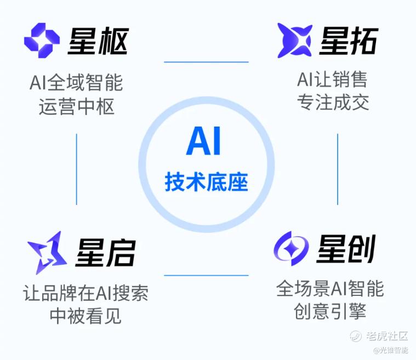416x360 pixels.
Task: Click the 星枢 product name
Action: click(x=98, y=41)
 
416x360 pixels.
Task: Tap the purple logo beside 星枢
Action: click(x=42, y=41)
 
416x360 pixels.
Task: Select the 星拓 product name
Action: click(x=349, y=41)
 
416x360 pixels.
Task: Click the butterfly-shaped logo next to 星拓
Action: click(x=294, y=41)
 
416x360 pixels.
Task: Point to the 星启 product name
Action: click(x=106, y=252)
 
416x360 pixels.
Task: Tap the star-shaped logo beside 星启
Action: click(x=47, y=253)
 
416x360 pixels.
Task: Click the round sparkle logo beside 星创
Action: click(x=291, y=249)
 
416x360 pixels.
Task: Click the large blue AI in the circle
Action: click(x=203, y=141)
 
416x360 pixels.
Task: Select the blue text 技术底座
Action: click(x=207, y=182)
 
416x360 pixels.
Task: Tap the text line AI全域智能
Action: click(x=76, y=83)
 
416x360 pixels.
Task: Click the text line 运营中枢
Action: click(x=76, y=106)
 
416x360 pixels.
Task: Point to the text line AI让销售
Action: click(x=332, y=79)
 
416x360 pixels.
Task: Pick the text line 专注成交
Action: click(x=333, y=102)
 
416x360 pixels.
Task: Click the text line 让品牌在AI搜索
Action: click(x=86, y=293)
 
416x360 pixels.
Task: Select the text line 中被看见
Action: click(x=86, y=316)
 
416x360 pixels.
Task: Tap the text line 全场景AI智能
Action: click(x=330, y=288)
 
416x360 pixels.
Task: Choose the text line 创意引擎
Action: click(x=330, y=311)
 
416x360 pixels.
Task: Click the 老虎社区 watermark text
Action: click(x=387, y=336)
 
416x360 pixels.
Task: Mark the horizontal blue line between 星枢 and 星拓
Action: click(x=206, y=62)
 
